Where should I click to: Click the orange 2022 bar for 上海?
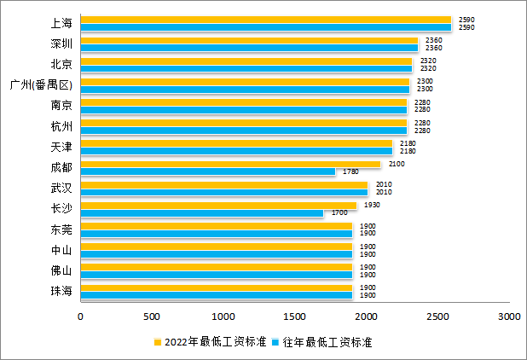[x=265, y=20]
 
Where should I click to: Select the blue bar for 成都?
[x=208, y=171]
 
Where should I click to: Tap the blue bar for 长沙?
[x=202, y=213]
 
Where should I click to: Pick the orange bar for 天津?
[x=236, y=143]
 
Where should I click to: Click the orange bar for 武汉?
[x=224, y=184]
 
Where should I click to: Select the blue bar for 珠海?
[x=217, y=296]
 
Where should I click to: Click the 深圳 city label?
[x=61, y=44]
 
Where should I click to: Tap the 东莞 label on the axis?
[x=61, y=229]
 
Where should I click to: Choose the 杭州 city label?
[x=61, y=126]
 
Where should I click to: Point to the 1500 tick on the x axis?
[x=295, y=316]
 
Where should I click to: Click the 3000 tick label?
[x=509, y=316]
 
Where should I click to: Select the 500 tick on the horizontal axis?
[x=152, y=316]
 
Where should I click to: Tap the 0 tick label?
[x=81, y=316]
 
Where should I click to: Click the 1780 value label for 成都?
[x=350, y=171]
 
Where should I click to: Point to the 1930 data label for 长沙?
[x=371, y=205]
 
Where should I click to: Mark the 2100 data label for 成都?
[x=395, y=164]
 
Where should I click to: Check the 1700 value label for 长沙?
[x=339, y=212]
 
